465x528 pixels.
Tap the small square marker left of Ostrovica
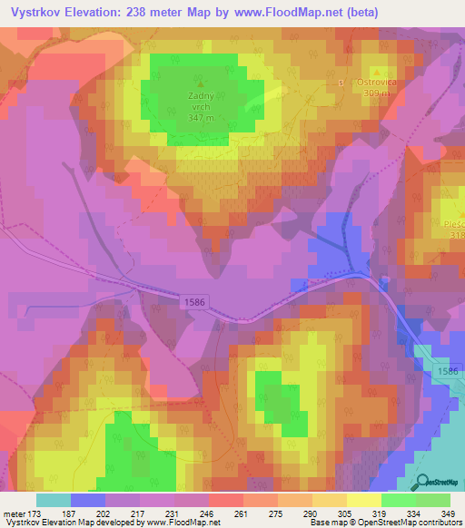341,82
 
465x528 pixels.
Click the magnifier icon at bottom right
424,482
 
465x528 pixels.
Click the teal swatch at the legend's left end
54,500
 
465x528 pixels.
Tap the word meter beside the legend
14,513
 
